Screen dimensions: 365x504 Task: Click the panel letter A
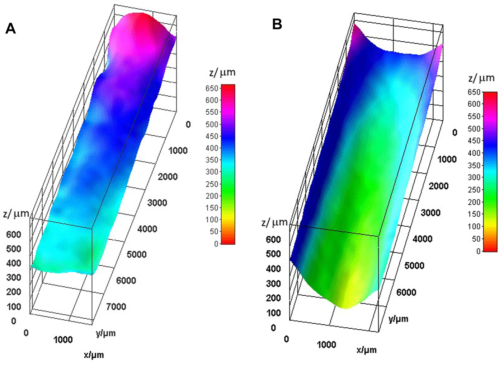(x=10, y=28)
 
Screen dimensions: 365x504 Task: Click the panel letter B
(x=277, y=24)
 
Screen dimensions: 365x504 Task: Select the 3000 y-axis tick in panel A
(x=157, y=203)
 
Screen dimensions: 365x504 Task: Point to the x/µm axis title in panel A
(x=94, y=355)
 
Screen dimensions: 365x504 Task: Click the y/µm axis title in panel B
(x=398, y=318)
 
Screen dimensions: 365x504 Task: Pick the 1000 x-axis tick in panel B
(x=327, y=345)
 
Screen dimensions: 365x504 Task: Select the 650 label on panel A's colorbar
(x=212, y=88)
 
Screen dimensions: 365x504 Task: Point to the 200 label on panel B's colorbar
(x=475, y=202)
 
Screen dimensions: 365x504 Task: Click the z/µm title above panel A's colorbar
(x=222, y=72)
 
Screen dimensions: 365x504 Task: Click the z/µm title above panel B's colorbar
(x=481, y=78)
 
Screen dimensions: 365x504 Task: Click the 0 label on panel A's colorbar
(x=216, y=244)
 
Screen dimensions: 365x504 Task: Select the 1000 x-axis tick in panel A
(x=63, y=339)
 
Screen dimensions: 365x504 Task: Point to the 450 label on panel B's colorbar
(x=475, y=141)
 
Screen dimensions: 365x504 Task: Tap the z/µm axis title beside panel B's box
(x=274, y=223)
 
